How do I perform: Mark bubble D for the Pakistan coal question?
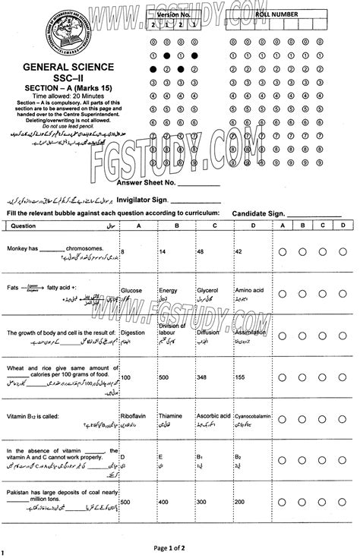click(343, 502)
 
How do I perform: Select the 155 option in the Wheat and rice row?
click(242, 377)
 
